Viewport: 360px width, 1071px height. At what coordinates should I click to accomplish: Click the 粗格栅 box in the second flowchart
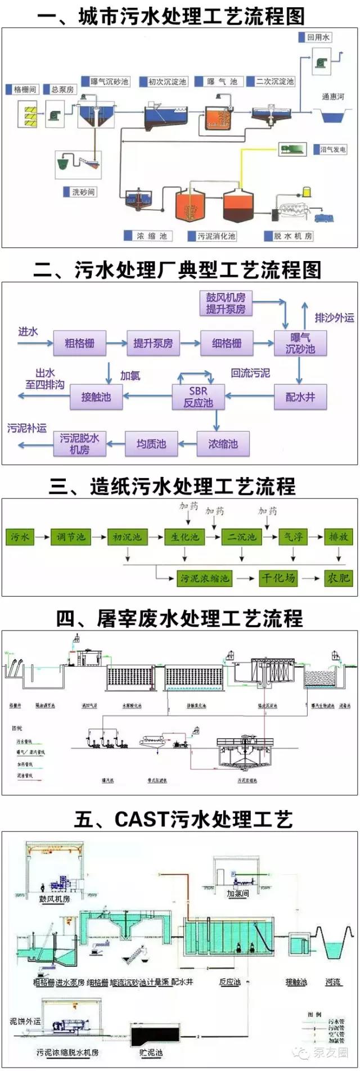tap(79, 343)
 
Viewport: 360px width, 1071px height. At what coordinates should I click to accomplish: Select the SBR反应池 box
tap(198, 397)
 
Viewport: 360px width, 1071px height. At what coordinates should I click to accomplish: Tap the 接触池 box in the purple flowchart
tap(96, 397)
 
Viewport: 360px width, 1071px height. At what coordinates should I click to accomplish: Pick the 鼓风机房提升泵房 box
tap(226, 303)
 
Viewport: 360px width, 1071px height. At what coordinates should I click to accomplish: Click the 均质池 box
tap(151, 444)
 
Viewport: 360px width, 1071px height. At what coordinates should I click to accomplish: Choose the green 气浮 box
tap(293, 537)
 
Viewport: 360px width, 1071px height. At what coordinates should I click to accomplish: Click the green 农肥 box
tap(338, 578)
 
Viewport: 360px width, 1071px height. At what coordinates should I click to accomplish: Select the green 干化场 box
tap(278, 578)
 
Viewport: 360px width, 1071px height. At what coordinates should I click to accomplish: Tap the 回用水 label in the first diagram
tap(318, 38)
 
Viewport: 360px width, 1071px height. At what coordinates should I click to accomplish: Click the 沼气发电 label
tap(333, 150)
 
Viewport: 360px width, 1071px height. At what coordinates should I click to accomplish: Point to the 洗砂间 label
tap(83, 192)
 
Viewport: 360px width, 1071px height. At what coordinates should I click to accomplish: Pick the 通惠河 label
tap(333, 97)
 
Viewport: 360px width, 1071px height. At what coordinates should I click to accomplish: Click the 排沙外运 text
tap(334, 318)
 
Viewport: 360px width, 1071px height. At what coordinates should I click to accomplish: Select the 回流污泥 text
tap(250, 373)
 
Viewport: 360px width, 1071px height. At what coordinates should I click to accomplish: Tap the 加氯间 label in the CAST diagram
tap(237, 893)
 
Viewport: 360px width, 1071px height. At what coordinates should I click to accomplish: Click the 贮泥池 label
tap(151, 1052)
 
